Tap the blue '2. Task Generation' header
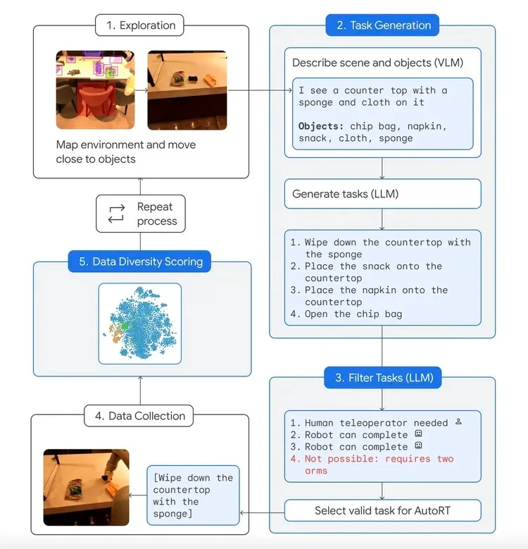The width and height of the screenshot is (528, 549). click(382, 25)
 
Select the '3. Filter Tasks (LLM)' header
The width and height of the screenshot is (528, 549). click(383, 378)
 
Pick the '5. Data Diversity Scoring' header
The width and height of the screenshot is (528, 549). click(141, 261)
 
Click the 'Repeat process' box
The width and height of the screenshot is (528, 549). click(140, 214)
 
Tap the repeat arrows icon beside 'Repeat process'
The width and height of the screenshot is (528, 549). click(116, 214)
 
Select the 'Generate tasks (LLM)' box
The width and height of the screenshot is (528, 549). click(382, 193)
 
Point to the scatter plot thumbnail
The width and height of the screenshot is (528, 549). click(139, 323)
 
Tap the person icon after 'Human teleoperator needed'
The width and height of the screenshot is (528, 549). click(458, 422)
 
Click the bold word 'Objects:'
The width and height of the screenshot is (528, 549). click(321, 125)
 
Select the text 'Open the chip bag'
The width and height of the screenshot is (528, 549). click(353, 314)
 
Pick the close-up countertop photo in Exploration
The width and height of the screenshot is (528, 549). click(187, 90)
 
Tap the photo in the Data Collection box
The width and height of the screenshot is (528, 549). click(86, 487)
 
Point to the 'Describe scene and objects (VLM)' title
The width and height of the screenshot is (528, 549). click(377, 63)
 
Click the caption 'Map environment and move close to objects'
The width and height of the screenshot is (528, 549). click(126, 152)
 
